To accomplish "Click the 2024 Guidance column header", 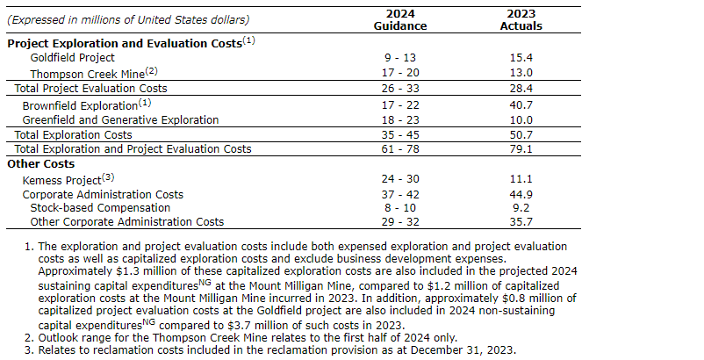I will point(400,19).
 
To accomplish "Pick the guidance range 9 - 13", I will point(400,56).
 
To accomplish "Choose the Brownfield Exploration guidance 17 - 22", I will point(400,104).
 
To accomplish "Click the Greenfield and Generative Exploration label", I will point(120,119).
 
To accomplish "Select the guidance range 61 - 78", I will point(400,149).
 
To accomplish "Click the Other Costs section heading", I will point(41,163).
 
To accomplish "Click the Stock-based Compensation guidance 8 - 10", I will point(400,208).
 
